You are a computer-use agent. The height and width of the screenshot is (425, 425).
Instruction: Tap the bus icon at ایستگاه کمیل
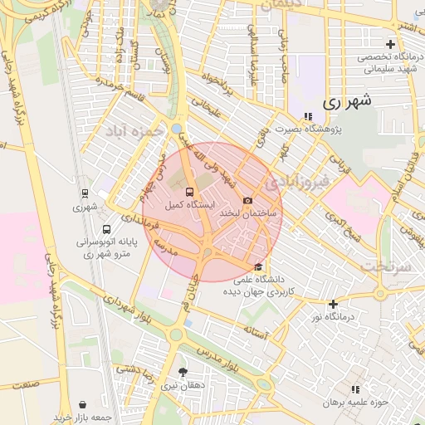click(x=190, y=192)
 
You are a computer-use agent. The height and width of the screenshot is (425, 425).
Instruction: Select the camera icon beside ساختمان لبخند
click(x=247, y=201)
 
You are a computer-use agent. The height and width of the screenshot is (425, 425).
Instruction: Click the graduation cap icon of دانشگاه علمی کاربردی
click(x=259, y=267)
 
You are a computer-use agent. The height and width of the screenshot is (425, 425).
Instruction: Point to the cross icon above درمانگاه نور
click(x=334, y=305)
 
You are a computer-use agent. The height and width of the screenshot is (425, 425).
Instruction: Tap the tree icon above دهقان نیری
click(x=183, y=372)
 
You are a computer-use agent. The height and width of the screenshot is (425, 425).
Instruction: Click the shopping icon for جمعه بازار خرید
click(x=83, y=404)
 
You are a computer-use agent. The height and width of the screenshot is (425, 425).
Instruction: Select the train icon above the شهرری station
click(x=85, y=193)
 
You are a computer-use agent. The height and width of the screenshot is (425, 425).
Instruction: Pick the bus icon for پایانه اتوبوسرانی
click(x=106, y=230)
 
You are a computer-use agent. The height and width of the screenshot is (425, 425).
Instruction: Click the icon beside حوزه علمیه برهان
click(x=356, y=388)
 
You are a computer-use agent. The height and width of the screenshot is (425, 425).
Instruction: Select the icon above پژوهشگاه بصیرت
click(x=308, y=116)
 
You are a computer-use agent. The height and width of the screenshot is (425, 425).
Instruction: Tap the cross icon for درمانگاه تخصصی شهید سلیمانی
click(x=390, y=44)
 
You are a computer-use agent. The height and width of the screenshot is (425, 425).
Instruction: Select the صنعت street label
click(x=26, y=385)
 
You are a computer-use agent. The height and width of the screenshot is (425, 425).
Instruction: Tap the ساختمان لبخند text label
click(x=240, y=213)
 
